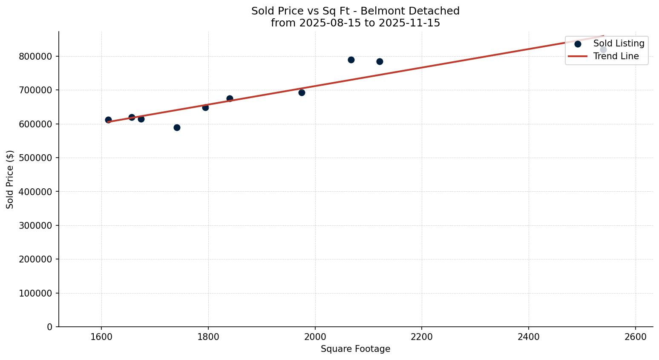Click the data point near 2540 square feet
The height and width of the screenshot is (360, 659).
click(x=603, y=50)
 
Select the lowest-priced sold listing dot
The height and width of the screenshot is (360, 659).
click(x=177, y=127)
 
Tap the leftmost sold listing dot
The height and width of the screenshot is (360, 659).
click(x=108, y=120)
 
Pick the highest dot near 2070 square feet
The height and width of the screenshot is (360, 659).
click(x=351, y=60)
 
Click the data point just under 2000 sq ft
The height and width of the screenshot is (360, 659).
click(x=302, y=92)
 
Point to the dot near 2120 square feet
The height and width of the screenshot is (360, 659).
click(x=380, y=61)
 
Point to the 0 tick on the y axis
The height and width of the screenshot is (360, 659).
click(x=50, y=327)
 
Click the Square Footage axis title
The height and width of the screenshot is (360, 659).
click(x=355, y=349)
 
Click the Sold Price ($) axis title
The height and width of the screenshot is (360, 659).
click(x=10, y=179)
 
